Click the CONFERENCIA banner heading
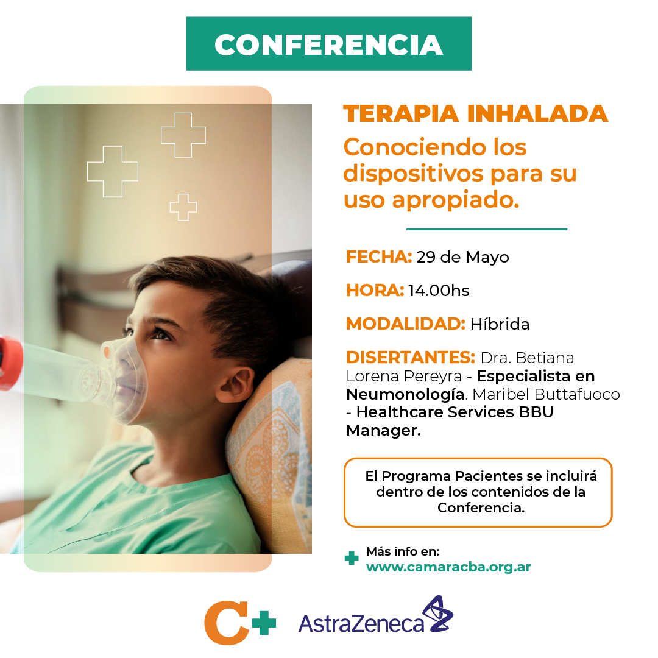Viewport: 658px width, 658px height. coord(328,44)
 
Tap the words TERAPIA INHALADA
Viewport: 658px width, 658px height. coord(475,114)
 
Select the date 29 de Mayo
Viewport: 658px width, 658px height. coord(462,257)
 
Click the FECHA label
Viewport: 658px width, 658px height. coord(379,256)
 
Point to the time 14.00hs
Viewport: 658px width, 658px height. coord(439,291)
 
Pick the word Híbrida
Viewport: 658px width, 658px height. coord(500,324)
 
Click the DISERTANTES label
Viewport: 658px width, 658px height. coord(411,358)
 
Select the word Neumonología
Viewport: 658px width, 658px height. coord(405,394)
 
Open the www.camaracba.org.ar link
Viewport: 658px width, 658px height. coord(448,567)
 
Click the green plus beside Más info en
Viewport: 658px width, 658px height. coord(352,558)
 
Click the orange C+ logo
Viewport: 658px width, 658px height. coord(239,623)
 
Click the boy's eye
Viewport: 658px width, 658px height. coord(161,334)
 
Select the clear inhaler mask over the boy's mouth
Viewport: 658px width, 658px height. coord(124,381)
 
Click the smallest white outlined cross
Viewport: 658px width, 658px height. coord(183,207)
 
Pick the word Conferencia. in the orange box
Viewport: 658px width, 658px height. coord(481,508)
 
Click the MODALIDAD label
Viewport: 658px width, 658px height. coord(405,324)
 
